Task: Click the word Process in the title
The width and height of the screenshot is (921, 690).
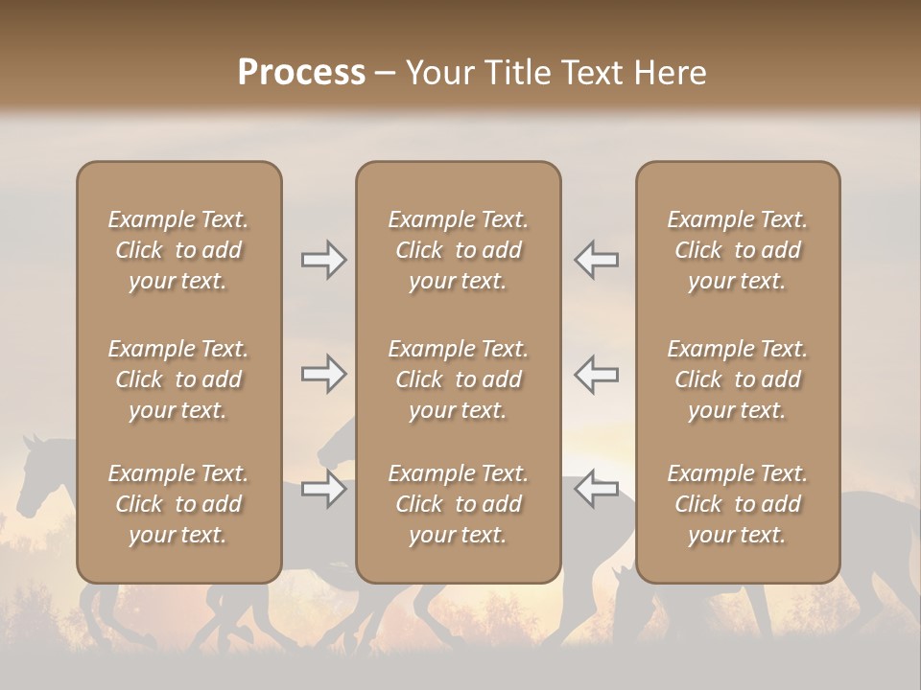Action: pos(301,73)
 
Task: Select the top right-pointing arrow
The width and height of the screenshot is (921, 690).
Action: pos(323,260)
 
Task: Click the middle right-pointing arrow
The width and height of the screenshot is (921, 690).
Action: pos(323,373)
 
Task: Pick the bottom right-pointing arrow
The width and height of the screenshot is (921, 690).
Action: pos(323,490)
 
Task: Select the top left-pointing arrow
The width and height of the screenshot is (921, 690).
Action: pos(596,260)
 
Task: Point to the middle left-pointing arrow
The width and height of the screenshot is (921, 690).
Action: pos(596,373)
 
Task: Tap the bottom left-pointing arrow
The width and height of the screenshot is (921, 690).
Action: pos(596,490)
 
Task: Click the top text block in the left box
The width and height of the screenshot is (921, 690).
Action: pos(178,250)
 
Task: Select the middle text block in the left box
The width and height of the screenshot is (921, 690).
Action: pos(178,379)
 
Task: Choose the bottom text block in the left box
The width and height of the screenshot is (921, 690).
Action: pos(178,504)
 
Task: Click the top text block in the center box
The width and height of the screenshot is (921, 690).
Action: pos(458,250)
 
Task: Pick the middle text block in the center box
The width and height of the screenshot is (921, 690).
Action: pos(458,379)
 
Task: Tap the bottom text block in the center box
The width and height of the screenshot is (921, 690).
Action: pos(458,504)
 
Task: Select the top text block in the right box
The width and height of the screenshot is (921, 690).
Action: pos(737,250)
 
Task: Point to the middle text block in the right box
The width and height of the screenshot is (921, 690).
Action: pos(737,379)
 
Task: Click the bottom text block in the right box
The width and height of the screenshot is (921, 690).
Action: pos(737,504)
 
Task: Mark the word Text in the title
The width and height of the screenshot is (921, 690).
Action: pos(589,73)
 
